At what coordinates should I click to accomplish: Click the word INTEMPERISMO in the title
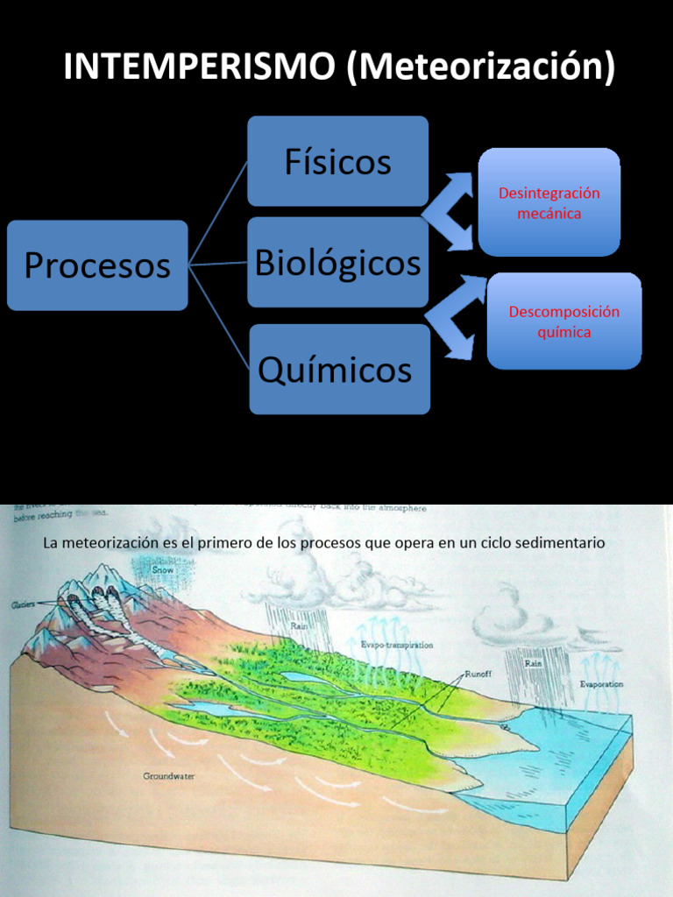200,67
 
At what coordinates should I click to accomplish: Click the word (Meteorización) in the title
481,67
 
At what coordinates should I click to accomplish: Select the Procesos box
97,265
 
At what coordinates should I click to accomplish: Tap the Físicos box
337,161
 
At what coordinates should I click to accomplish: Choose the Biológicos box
337,262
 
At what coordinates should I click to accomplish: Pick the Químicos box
339,369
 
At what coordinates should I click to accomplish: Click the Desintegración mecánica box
549,202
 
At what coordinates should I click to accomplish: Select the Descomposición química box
564,321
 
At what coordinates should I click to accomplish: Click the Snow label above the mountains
163,569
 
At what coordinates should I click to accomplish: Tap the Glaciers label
24,604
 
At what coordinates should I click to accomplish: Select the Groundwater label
167,776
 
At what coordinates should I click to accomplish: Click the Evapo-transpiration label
397,645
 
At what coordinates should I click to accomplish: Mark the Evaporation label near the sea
600,683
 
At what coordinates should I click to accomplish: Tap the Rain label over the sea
535,663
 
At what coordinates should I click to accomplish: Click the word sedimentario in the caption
560,543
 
